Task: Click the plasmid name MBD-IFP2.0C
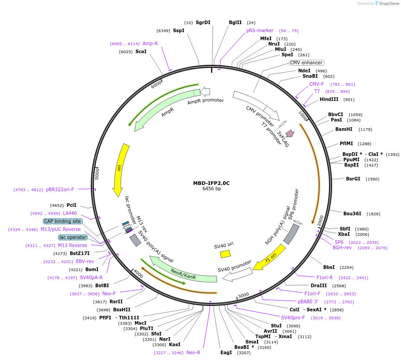211,183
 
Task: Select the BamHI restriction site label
344,130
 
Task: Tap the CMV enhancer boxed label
306,63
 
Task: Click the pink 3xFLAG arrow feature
290,133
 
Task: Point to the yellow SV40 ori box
225,254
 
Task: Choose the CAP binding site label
63,221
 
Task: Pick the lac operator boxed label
73,237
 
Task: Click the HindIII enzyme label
329,100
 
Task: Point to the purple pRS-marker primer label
260,31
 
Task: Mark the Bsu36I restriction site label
352,214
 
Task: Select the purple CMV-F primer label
317,84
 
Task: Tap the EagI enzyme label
226,353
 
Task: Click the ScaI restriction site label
141,52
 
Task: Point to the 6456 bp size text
211,189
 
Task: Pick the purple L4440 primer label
70,213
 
